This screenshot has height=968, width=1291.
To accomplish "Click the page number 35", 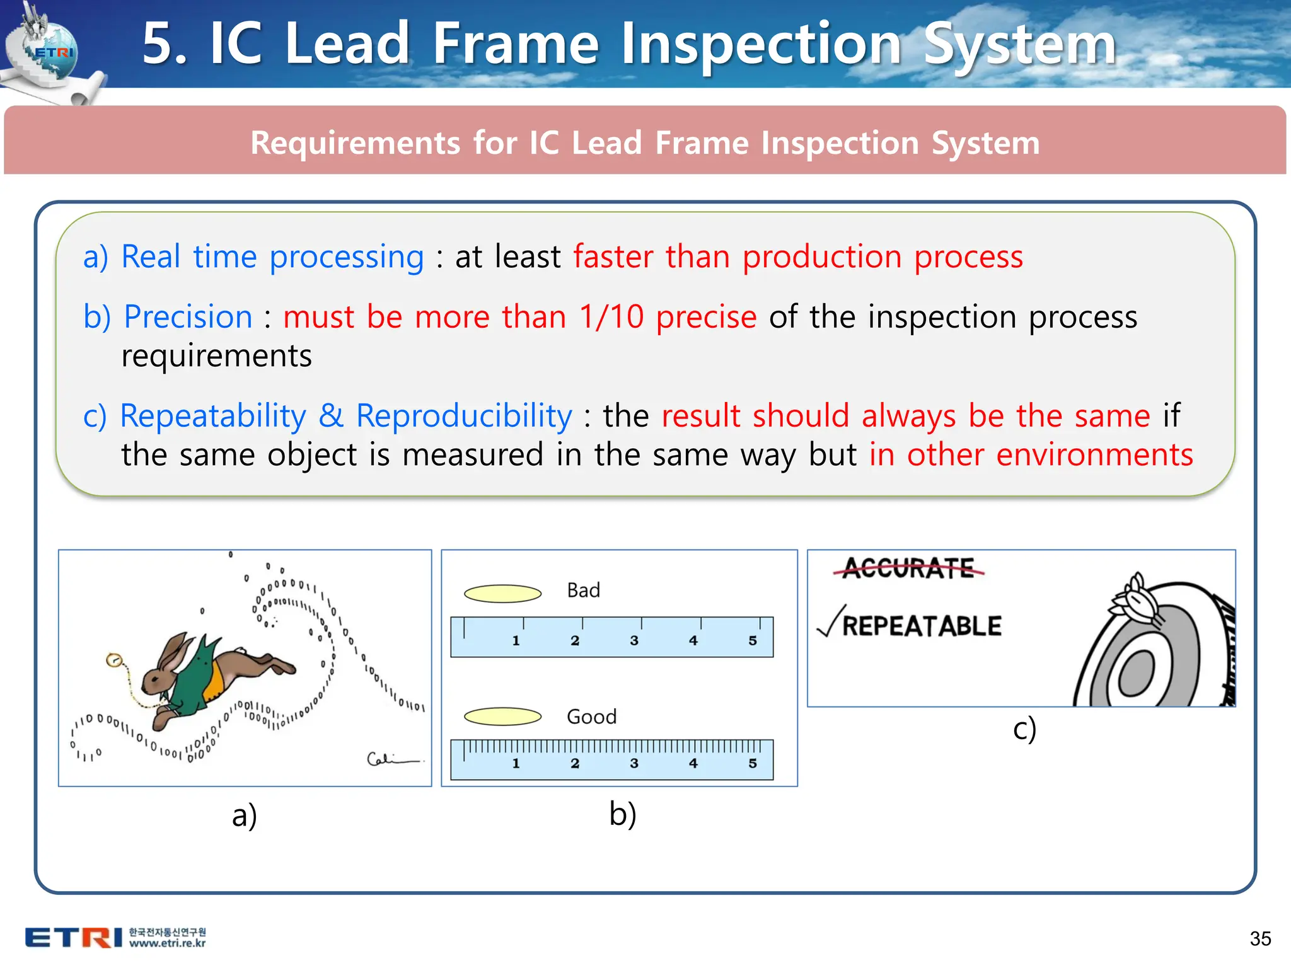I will pos(1260,938).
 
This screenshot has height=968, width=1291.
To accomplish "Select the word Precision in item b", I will pos(188,316).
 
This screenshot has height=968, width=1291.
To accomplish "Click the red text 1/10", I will pos(611,316).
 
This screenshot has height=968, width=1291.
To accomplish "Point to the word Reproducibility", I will pos(464,416).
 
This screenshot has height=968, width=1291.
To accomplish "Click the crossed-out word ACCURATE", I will pos(908,568).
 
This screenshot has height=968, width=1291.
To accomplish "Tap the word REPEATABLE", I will pos(922,626).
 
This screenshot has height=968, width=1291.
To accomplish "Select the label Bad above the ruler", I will pos(583,591).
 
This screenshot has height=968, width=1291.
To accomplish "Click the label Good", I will pos(591,717).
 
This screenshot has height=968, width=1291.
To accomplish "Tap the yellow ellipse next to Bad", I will pos(502,593).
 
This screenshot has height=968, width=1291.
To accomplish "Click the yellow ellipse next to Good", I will pos(502,717).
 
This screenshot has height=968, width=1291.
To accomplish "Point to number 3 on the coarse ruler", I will pos(634,640).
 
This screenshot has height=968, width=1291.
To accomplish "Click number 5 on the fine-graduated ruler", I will pos(753,763).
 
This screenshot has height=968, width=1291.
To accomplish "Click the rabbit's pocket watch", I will pos(114,660).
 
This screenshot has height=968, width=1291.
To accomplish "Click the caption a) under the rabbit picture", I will pos(244,815).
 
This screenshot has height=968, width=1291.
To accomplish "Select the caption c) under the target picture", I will pos(1024,729).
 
